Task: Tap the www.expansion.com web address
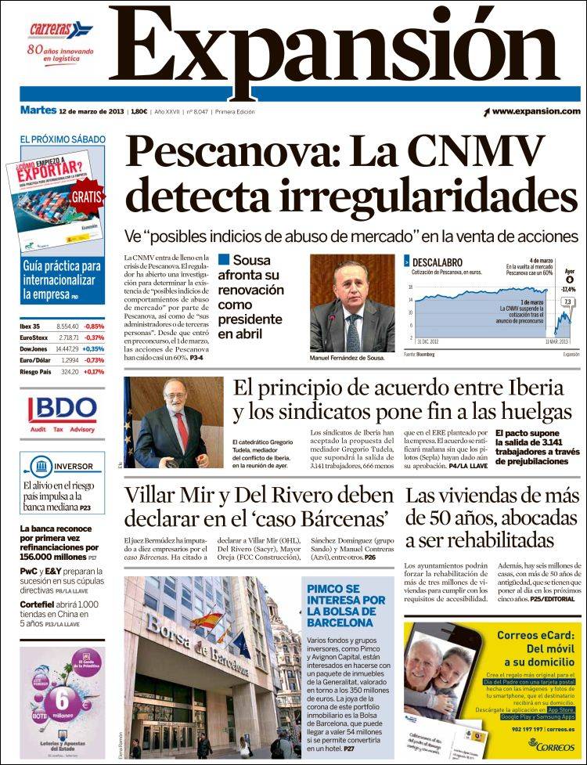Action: (x=536, y=111)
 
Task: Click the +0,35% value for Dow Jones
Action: (x=93, y=348)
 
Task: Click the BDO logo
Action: (x=63, y=410)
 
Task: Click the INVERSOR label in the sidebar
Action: (x=73, y=467)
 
